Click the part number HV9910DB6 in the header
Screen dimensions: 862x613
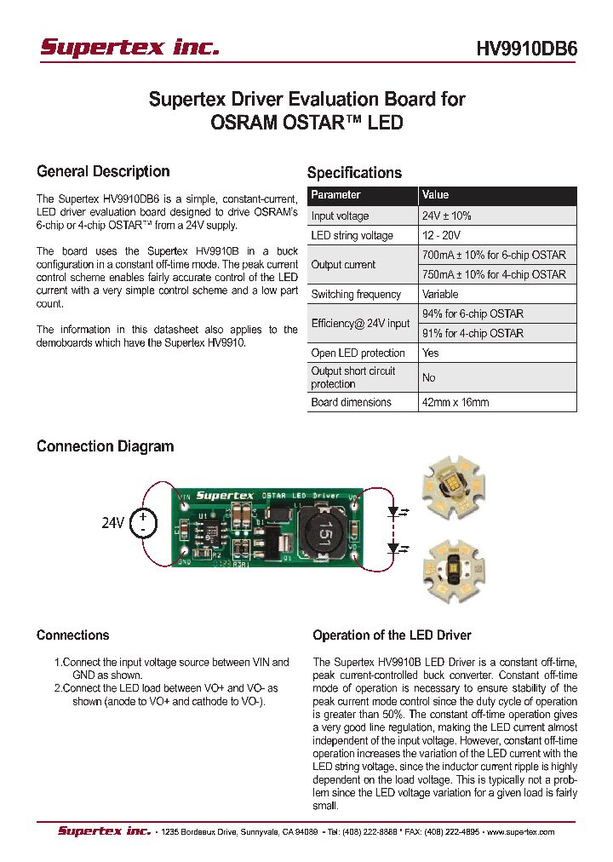point(526,49)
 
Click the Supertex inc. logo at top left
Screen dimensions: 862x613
point(129,48)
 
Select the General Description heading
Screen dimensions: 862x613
point(103,172)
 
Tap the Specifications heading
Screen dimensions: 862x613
point(354,173)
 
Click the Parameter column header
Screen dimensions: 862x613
point(335,195)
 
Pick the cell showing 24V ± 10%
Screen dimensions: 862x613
point(446,216)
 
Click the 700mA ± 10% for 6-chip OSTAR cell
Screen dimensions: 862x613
point(494,255)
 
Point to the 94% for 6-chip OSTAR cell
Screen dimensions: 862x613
point(473,313)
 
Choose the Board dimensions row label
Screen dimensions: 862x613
point(351,402)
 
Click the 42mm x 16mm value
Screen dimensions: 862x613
point(455,402)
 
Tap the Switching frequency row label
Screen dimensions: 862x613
point(356,295)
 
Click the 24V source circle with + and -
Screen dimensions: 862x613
point(143,523)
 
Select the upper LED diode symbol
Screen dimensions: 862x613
point(392,514)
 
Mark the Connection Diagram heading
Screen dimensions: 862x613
point(105,446)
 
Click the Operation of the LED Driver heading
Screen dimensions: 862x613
point(392,635)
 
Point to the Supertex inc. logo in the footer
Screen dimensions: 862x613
point(104,831)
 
